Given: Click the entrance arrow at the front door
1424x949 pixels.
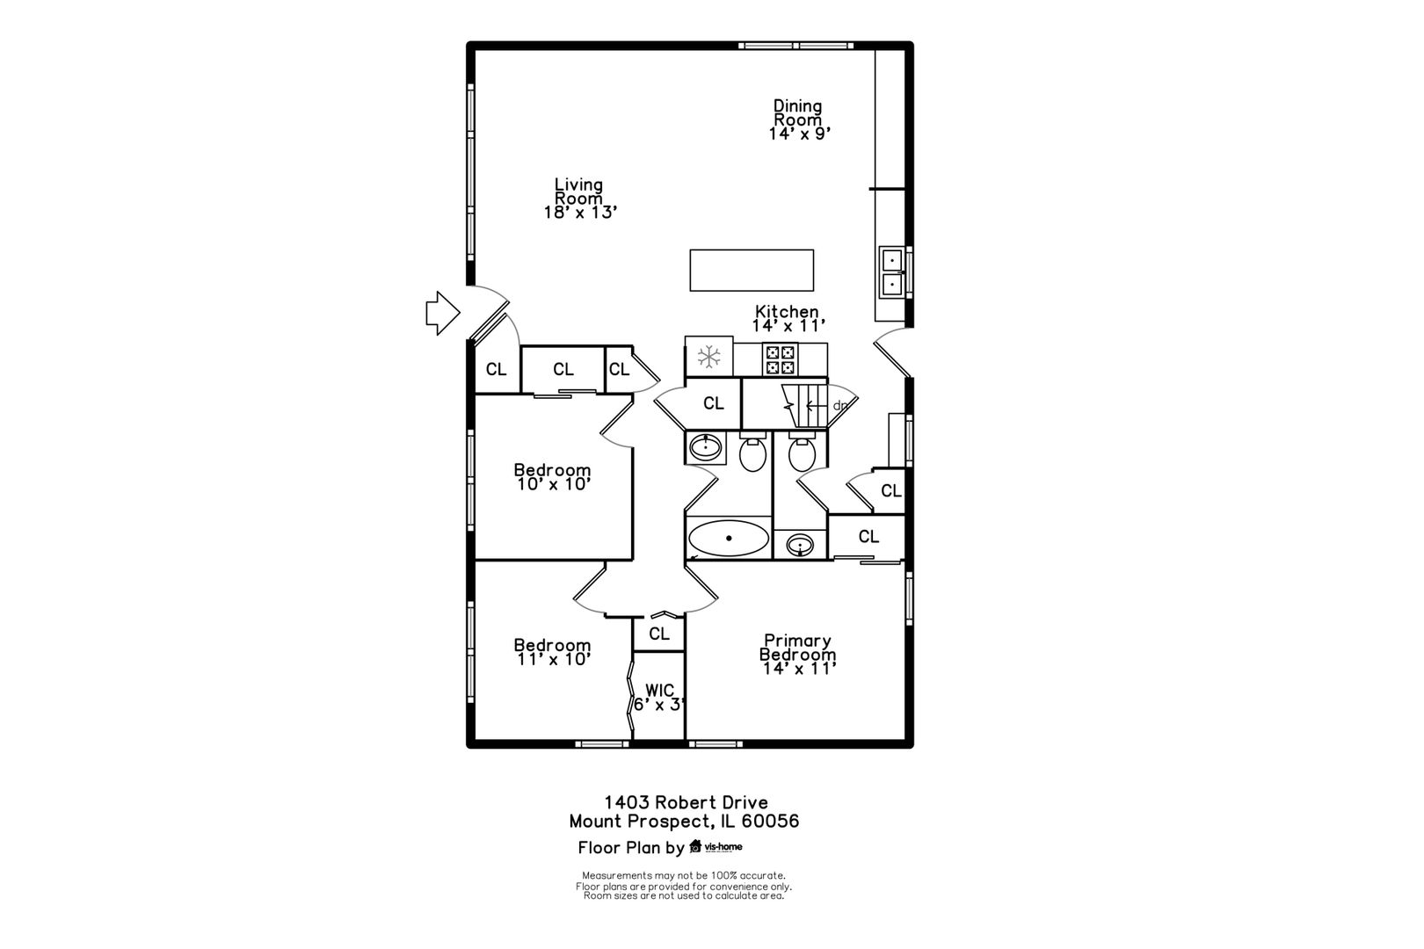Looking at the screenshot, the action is point(442,313).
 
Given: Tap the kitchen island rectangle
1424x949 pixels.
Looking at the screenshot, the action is point(752,270).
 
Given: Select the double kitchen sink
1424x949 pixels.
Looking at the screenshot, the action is point(892,272).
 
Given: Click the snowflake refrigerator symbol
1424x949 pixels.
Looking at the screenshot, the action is point(708,356).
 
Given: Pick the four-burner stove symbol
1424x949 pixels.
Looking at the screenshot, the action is point(780,359).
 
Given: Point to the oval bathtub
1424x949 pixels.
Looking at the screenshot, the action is point(729,538).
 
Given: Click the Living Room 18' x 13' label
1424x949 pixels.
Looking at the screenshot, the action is point(580,199).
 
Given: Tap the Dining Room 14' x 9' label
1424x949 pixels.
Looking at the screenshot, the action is point(799,120).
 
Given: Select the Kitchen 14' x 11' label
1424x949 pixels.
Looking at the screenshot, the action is point(788,318).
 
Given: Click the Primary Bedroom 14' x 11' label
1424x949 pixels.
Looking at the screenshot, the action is point(798,654).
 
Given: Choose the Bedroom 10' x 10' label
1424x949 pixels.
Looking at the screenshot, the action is point(553,477).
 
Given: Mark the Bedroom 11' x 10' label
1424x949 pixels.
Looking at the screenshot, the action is point(553,652).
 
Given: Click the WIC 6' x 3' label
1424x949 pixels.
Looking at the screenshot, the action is point(660,698).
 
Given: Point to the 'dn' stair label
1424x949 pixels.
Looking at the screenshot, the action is point(840,405).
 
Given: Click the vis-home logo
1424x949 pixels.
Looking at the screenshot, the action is point(716,847).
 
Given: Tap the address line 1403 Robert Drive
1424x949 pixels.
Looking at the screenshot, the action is point(686,802).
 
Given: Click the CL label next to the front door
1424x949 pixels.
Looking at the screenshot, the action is point(497,369).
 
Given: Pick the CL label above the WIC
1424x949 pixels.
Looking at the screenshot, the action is point(659,634).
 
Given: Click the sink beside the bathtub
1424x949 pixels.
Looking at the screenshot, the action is point(800,545).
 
